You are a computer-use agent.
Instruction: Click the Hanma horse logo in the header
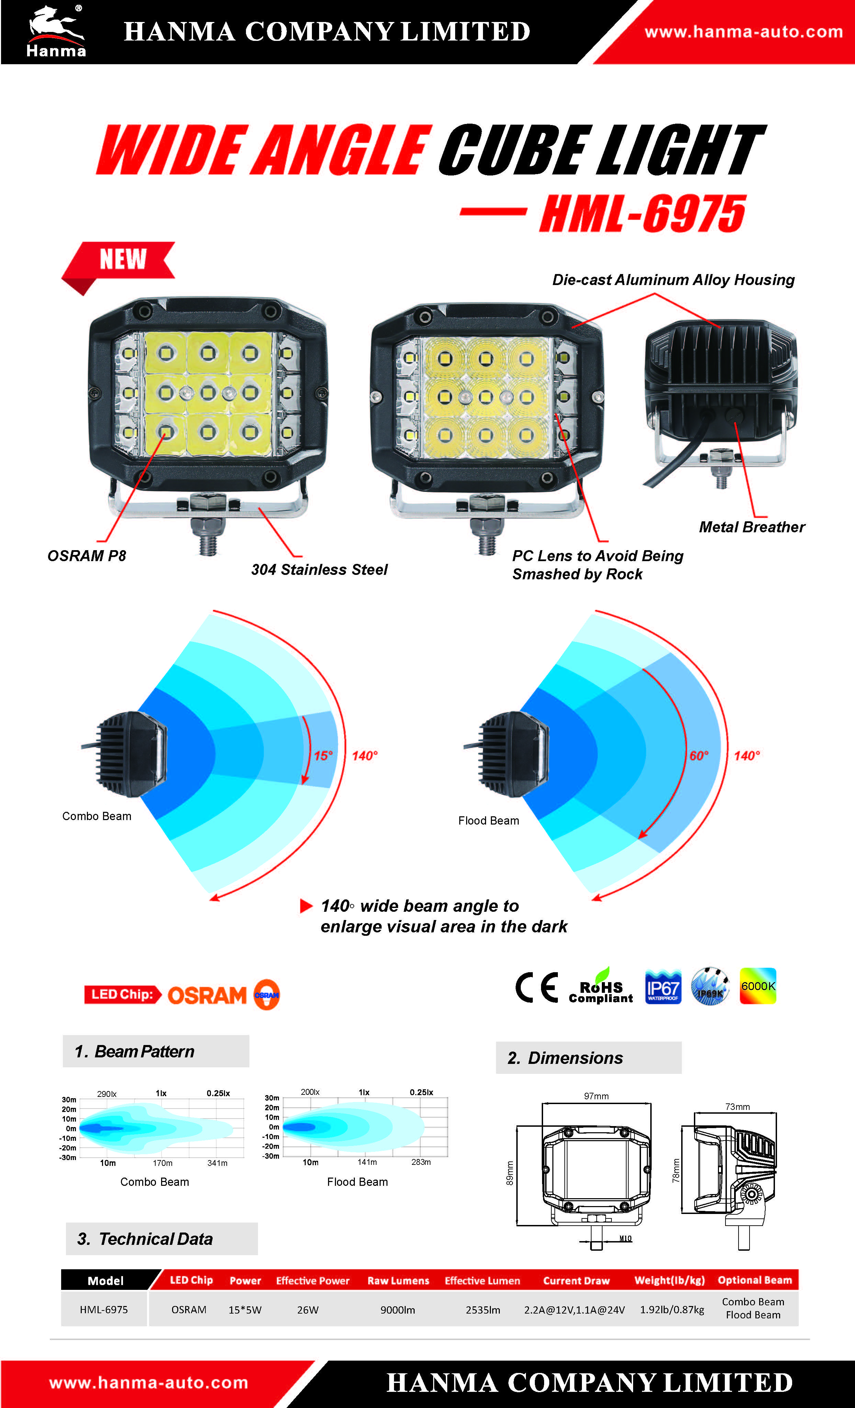56,32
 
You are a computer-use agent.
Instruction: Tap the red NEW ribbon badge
118,264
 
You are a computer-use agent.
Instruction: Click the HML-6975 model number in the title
642,213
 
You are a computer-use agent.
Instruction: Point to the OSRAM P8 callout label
87,555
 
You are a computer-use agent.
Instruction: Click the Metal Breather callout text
752,527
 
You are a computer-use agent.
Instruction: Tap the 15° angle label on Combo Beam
323,756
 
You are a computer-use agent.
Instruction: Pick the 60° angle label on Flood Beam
698,756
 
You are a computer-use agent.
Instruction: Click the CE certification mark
536,987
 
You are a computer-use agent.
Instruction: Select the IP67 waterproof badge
663,986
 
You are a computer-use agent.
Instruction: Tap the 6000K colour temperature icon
758,986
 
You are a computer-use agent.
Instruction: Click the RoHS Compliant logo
601,986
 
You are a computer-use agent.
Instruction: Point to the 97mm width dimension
596,1096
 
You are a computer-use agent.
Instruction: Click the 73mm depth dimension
737,1107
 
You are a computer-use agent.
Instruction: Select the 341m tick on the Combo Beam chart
217,1163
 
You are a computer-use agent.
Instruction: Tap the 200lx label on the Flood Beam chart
310,1092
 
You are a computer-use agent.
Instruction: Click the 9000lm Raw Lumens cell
398,1310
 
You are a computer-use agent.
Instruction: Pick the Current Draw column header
576,1281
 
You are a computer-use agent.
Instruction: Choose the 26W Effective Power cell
307,1310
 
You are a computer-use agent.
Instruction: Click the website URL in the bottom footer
149,1383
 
